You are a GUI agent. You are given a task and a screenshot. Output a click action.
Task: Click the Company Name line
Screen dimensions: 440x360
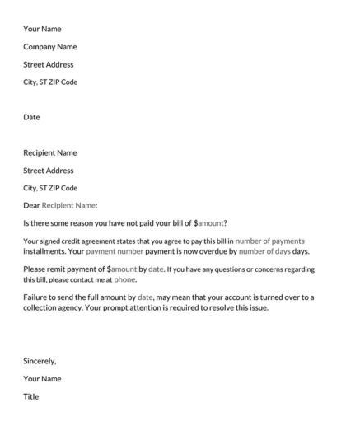pyautogui.click(x=49, y=47)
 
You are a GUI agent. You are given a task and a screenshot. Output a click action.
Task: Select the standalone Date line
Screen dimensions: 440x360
pyautogui.click(x=31, y=117)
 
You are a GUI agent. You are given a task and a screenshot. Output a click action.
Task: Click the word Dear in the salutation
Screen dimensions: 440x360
pyautogui.click(x=31, y=205)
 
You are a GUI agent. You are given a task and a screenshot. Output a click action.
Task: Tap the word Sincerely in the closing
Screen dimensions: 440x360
pyautogui.click(x=40, y=361)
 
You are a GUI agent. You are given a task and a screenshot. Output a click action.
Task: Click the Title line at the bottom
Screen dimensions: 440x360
pyautogui.click(x=30, y=396)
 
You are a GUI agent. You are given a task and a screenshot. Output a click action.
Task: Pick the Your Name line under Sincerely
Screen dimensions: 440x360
pyautogui.click(x=42, y=379)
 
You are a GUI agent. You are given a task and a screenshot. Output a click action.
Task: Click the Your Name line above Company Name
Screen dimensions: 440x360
pyautogui.click(x=42, y=29)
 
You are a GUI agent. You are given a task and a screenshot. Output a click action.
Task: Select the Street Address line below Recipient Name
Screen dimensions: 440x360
pyautogui.click(x=48, y=171)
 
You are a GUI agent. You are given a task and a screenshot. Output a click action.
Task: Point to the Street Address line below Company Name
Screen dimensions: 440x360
pyautogui.click(x=48, y=64)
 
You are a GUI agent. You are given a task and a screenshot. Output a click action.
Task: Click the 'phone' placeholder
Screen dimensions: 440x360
pyautogui.click(x=125, y=279)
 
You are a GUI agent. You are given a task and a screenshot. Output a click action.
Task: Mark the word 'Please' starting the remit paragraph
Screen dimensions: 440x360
pyautogui.click(x=35, y=269)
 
